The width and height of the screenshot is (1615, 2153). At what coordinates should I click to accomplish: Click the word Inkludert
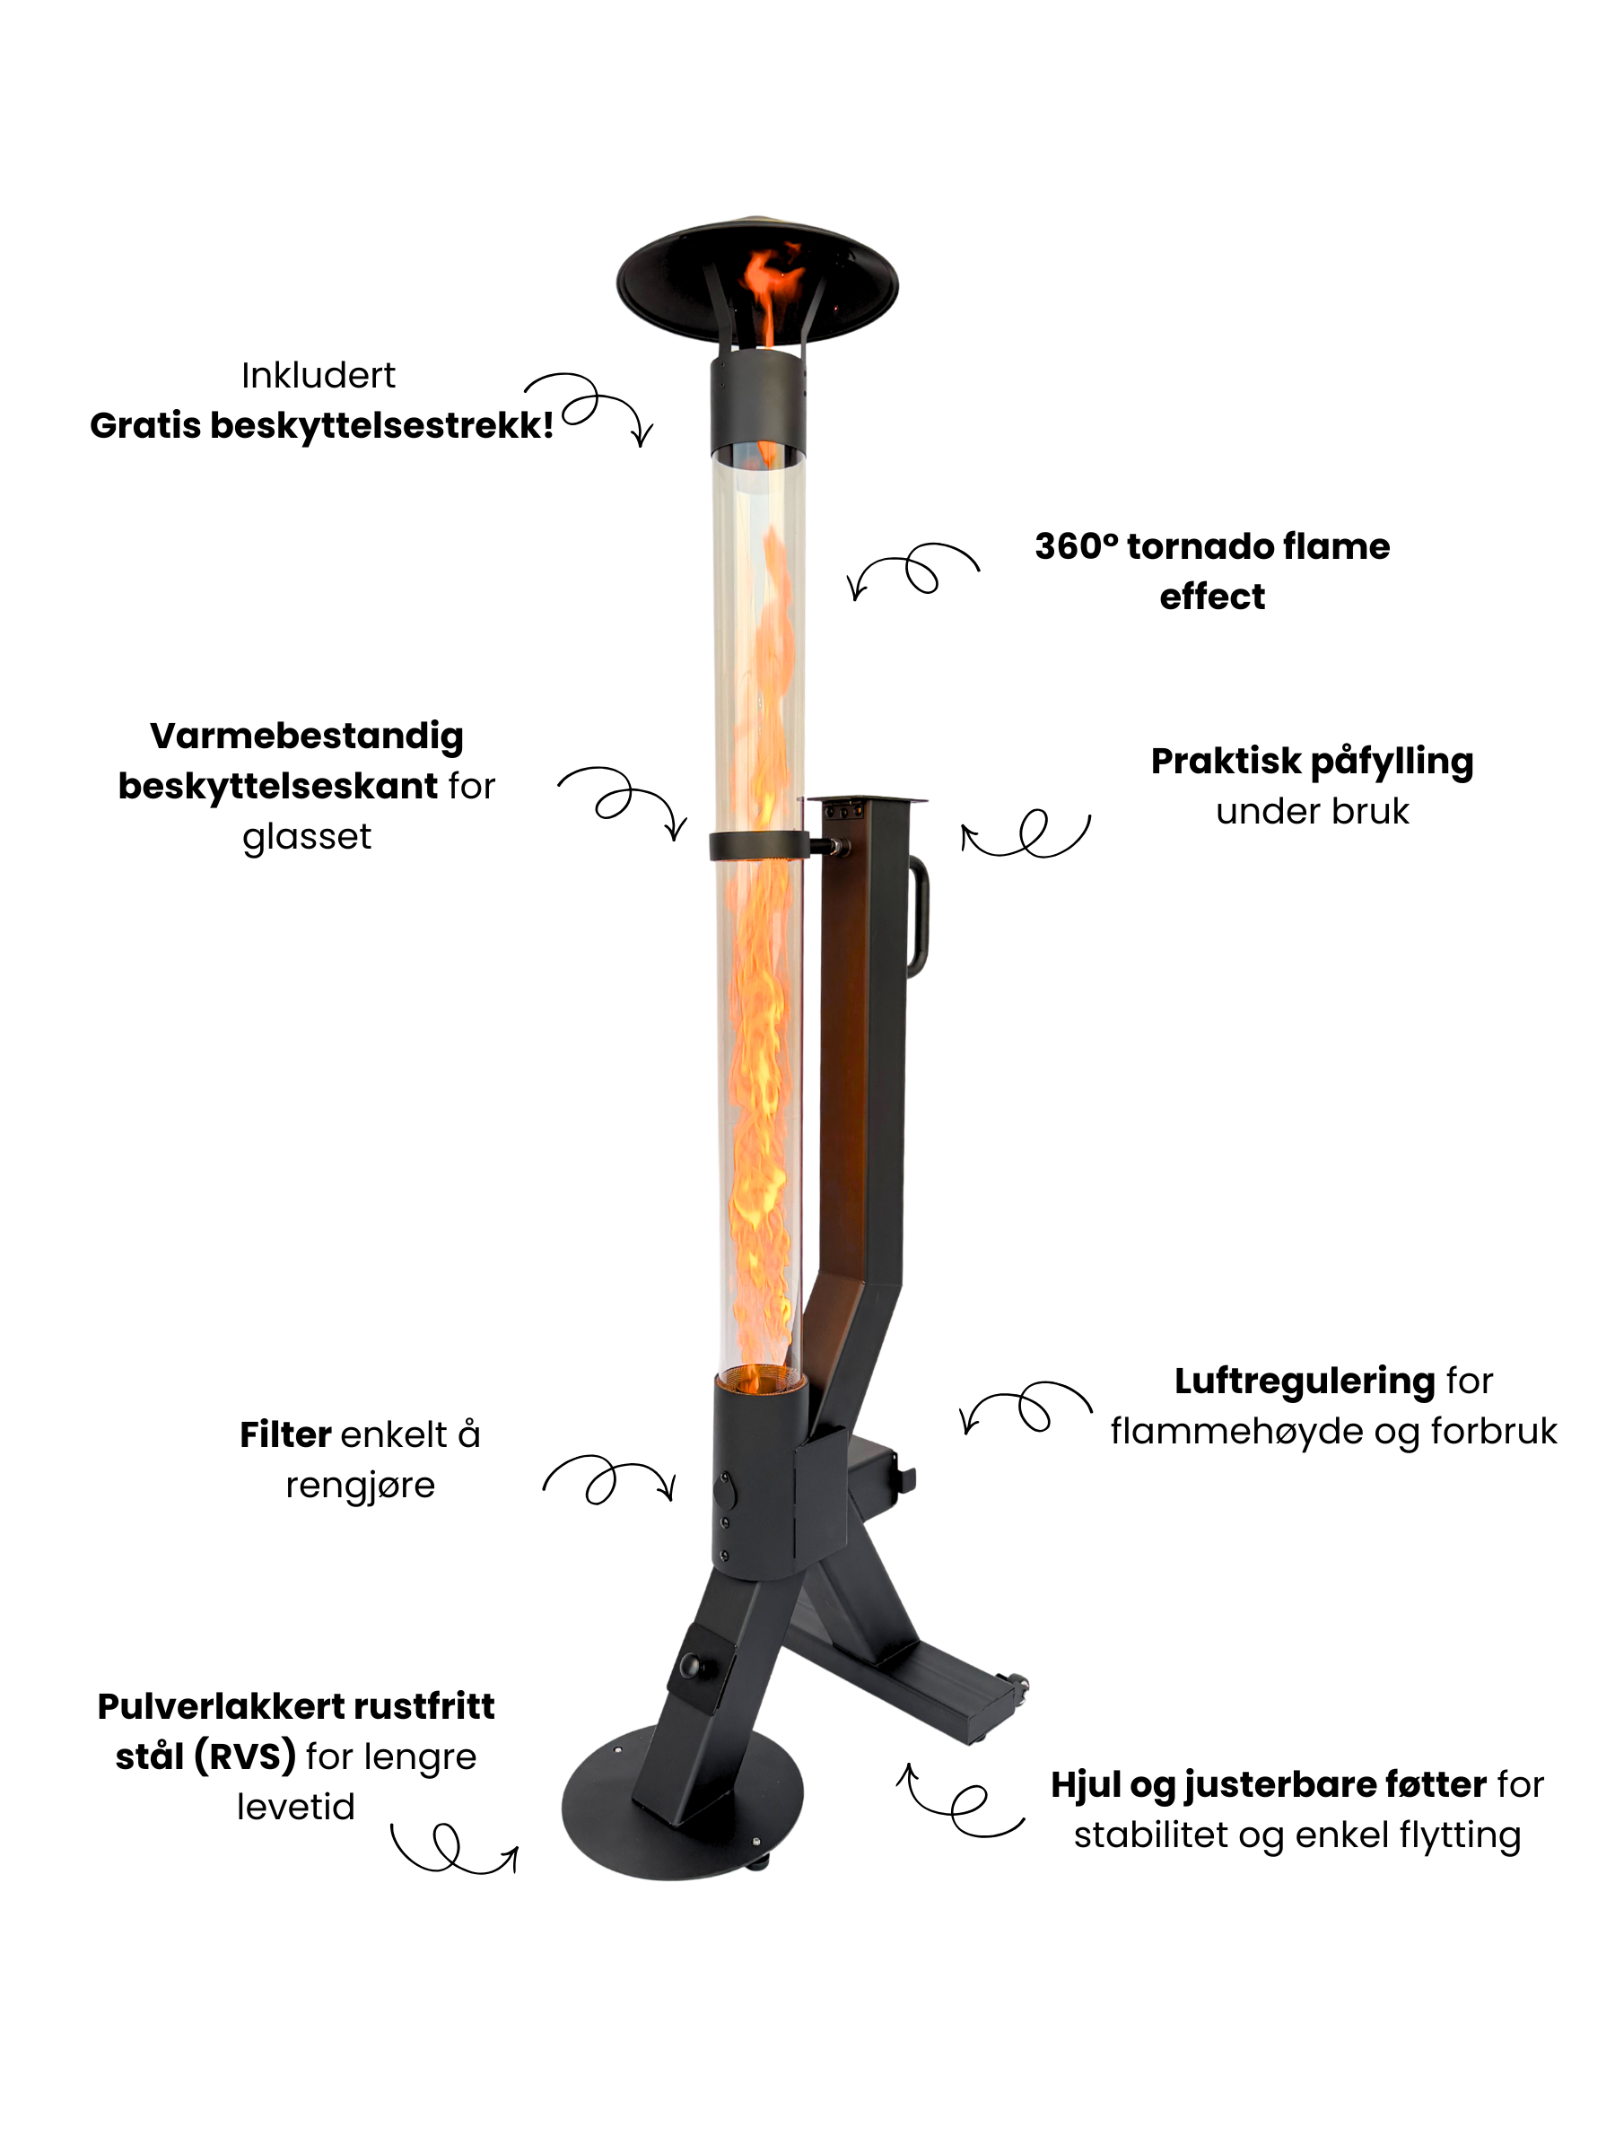[319, 376]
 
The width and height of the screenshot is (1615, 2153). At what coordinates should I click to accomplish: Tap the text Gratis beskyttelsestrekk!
[321, 425]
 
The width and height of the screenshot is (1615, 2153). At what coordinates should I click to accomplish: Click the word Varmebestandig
[307, 737]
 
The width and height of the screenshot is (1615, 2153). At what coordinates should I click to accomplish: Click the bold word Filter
[285, 1434]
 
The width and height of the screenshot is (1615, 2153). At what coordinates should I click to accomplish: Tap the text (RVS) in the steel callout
[244, 1756]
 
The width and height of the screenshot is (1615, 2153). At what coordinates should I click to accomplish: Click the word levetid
[296, 1808]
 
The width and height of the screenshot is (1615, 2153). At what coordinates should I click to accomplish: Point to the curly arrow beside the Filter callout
[608, 1479]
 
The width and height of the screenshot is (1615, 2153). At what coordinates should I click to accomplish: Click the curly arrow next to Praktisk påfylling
[1026, 833]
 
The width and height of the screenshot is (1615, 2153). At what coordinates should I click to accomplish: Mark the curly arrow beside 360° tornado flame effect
[913, 571]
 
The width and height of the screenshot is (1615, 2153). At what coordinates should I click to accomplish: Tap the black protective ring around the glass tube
[758, 846]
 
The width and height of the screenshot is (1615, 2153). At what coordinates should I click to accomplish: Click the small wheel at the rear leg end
[1017, 1685]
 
